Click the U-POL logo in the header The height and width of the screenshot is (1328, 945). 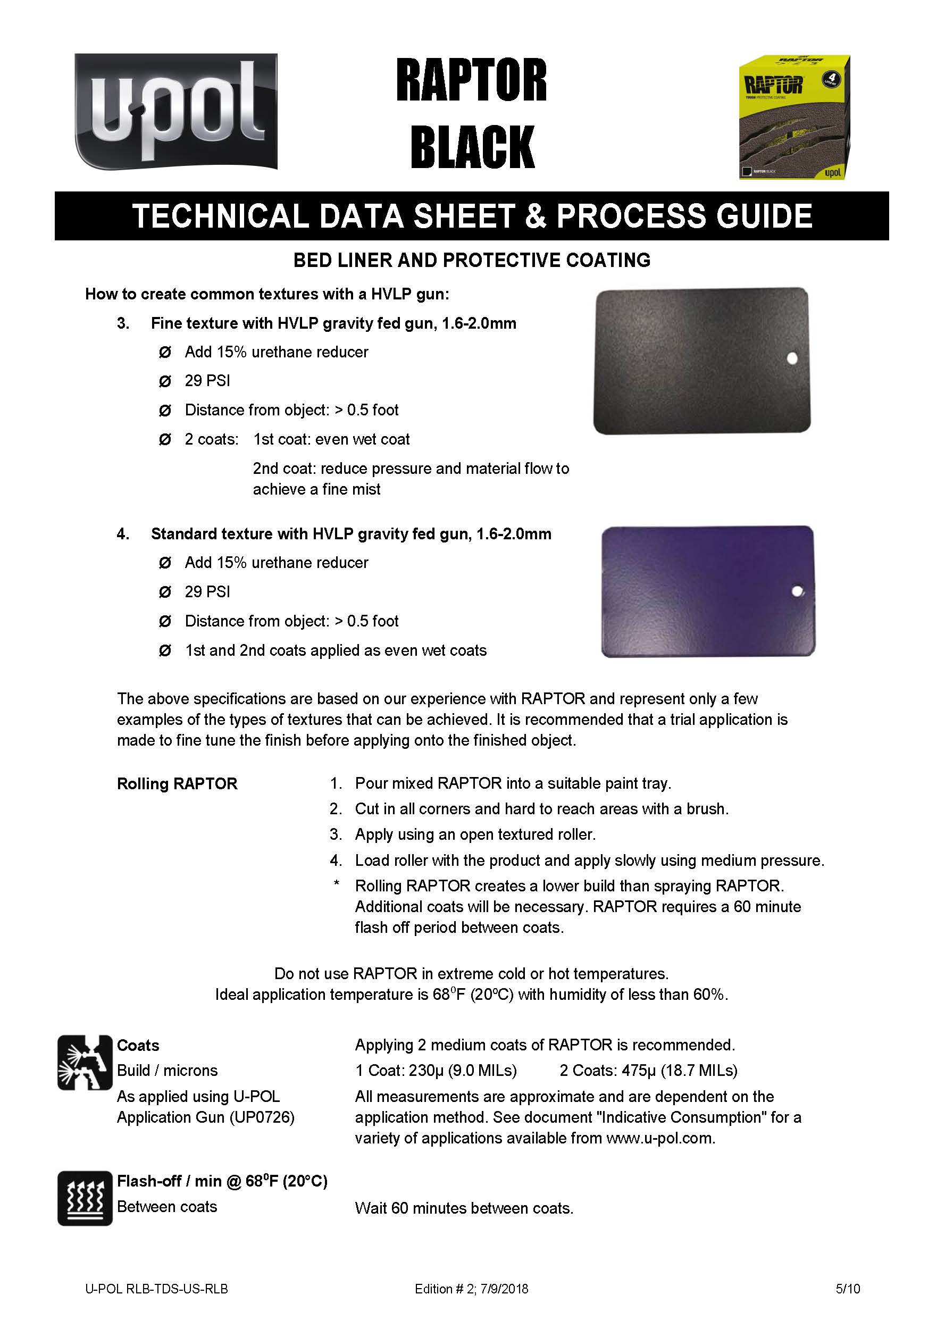click(175, 111)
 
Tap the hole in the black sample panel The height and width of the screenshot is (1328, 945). click(791, 358)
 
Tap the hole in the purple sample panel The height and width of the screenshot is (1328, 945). click(797, 592)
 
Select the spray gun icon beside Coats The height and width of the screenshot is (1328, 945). click(85, 1063)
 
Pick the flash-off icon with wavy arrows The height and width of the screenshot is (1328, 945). click(85, 1198)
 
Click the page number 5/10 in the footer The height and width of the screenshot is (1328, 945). click(848, 1289)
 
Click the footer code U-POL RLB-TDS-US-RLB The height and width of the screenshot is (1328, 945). click(156, 1289)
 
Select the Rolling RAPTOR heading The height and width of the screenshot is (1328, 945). click(177, 784)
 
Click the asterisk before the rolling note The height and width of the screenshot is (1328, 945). click(336, 884)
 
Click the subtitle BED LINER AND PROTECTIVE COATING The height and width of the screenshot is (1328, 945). click(472, 260)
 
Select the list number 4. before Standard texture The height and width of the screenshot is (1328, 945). click(123, 533)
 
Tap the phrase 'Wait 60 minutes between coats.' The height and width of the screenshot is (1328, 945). click(464, 1209)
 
